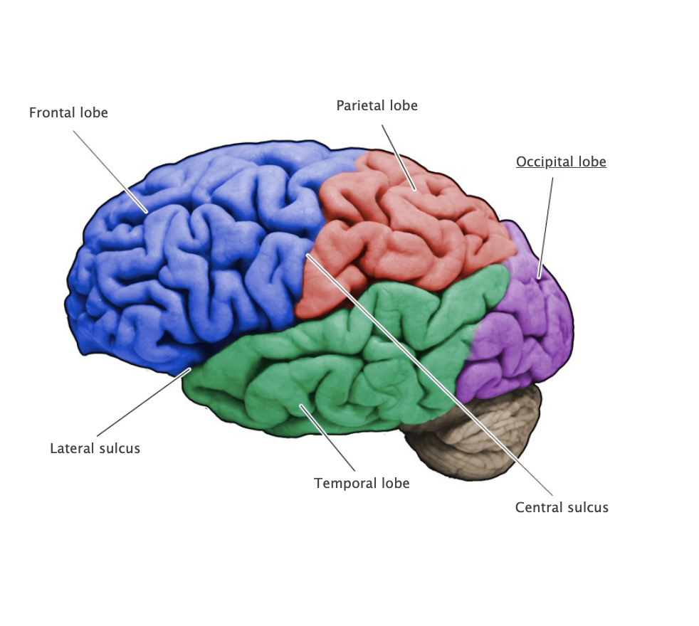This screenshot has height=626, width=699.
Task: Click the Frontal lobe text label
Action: [68, 112]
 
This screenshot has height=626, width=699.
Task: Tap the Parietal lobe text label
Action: [377, 105]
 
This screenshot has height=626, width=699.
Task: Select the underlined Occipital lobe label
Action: [561, 161]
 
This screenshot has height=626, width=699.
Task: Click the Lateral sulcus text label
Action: [95, 448]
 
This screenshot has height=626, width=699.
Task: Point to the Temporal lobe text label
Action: [362, 483]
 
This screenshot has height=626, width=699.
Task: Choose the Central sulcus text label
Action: [562, 507]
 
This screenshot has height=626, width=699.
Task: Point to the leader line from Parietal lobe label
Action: [399, 157]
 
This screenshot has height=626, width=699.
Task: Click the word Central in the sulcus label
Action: [536, 507]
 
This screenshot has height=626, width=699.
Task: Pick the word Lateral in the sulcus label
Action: [70, 448]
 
